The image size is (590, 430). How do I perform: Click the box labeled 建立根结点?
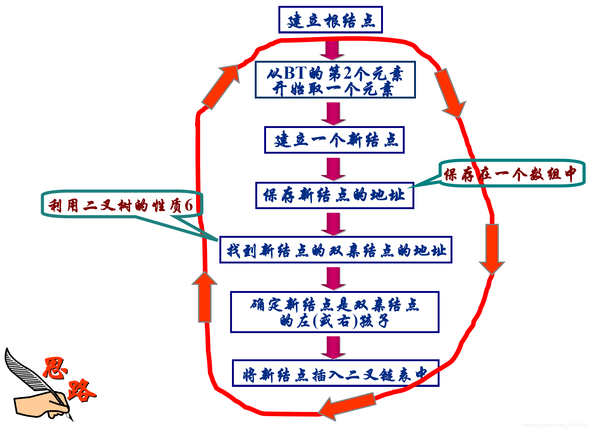330,20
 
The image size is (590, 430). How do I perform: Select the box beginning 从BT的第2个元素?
335,80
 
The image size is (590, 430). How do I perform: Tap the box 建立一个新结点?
334,140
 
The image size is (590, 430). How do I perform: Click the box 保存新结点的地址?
335,195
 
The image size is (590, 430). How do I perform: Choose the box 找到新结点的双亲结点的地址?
336,250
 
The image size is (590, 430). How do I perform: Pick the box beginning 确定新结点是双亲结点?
335,312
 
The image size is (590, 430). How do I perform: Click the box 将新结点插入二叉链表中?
335,373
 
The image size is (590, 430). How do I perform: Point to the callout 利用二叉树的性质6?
121,205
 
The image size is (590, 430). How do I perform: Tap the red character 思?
55,368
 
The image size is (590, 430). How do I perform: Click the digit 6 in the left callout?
189,205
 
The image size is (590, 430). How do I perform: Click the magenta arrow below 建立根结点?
332,50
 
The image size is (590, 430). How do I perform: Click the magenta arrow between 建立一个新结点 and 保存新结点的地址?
333,169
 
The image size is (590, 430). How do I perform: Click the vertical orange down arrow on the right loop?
492,248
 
